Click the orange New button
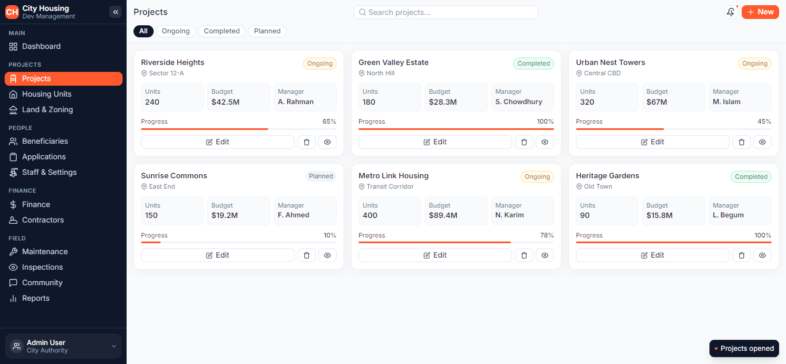coord(760,12)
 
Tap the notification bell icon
coord(731,12)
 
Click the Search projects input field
coord(445,12)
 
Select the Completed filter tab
coord(222,31)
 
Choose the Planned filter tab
coord(267,31)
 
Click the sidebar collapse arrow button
coord(116,12)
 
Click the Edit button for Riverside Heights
coord(218,142)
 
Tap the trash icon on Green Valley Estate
coord(524,142)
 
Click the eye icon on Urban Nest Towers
coord(762,142)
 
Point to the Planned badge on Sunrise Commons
coord(320,176)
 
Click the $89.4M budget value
coord(443,215)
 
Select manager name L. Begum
coord(728,215)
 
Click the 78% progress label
coord(547,235)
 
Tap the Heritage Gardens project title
coord(608,176)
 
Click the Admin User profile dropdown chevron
coord(114,346)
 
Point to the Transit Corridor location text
coord(390,186)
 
